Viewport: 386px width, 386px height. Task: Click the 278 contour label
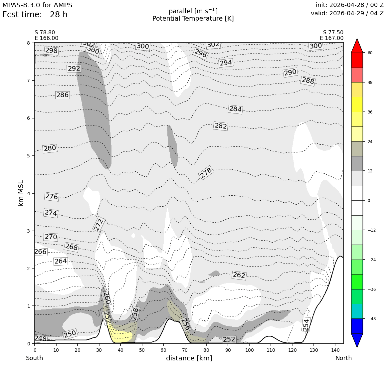pos(206,173)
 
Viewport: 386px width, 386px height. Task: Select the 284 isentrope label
pos(235,109)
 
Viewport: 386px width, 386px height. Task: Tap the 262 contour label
pos(239,275)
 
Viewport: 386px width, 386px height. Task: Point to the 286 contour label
pos(62,95)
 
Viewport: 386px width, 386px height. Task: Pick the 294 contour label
pos(226,63)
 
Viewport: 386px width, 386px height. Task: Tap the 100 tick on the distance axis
pos(249,350)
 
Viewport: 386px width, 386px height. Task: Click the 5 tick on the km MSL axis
pos(29,156)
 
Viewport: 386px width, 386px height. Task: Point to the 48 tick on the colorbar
pos(370,82)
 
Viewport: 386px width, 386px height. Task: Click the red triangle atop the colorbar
pos(357,46)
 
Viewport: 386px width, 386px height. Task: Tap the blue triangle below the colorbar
pos(357,340)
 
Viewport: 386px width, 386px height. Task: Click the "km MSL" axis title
pos(21,193)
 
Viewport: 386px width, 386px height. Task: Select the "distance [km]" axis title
pos(189,358)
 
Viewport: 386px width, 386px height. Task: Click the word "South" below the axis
pos(35,358)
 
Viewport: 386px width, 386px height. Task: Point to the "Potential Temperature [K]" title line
pos(193,18)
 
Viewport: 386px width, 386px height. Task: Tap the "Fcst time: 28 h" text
pos(35,15)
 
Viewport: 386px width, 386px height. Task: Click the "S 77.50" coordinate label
pos(333,33)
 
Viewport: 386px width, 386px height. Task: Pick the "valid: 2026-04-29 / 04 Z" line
pos(347,13)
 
